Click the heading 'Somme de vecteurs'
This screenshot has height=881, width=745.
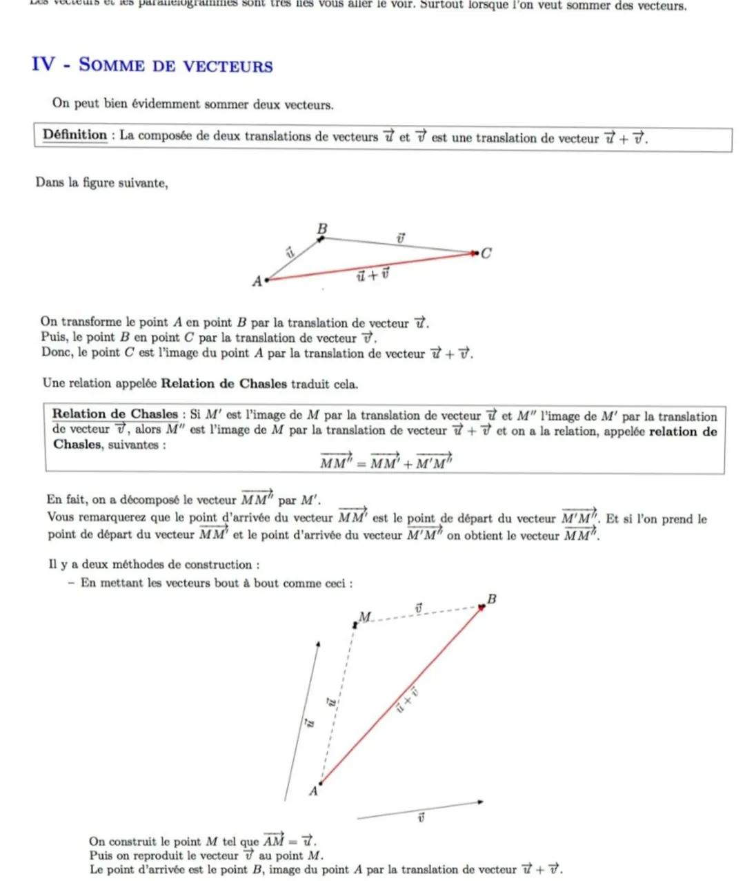(x=176, y=66)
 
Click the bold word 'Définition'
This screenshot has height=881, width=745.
(x=74, y=135)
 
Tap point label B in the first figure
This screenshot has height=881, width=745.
(x=322, y=229)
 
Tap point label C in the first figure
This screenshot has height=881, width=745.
(x=486, y=253)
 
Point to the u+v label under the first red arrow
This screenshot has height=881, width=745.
(x=372, y=275)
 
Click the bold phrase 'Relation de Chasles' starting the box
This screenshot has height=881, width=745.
(x=115, y=414)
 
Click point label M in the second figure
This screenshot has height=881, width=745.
(x=365, y=616)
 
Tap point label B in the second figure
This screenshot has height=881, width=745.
(x=492, y=599)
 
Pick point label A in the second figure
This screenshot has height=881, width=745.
(x=313, y=791)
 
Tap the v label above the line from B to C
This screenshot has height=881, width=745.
(x=400, y=238)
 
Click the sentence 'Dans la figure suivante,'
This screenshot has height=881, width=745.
(x=101, y=183)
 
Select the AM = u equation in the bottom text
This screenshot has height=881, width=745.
(x=289, y=840)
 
